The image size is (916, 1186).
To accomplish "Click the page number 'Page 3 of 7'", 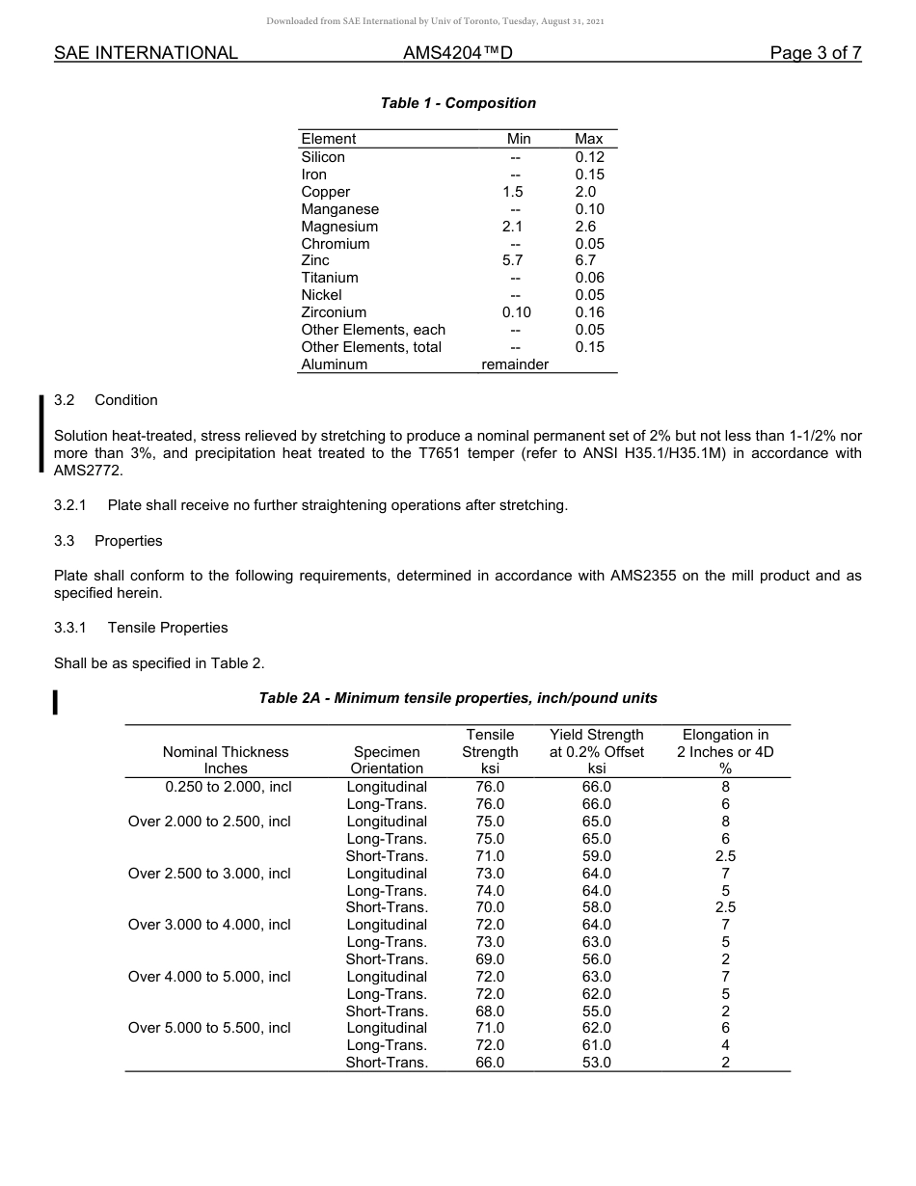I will pyautogui.click(x=815, y=53).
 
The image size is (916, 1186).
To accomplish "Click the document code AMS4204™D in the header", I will pyautogui.click(x=457, y=53).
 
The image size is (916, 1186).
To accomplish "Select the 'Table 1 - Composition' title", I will pyautogui.click(x=458, y=103).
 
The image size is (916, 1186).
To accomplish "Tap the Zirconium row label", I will pyautogui.click(x=334, y=312).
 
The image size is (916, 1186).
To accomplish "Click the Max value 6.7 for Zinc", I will pyautogui.click(x=585, y=260).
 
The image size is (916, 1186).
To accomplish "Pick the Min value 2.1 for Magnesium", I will pyautogui.click(x=513, y=227).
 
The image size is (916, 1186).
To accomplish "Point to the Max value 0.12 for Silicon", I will pyautogui.click(x=589, y=157).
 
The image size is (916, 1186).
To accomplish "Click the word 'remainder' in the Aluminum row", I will pyautogui.click(x=515, y=364).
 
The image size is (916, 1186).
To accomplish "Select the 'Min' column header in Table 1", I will pyautogui.click(x=519, y=139).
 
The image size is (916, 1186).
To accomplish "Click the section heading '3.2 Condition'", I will pyautogui.click(x=106, y=400).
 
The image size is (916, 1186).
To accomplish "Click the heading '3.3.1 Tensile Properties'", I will pyautogui.click(x=141, y=628).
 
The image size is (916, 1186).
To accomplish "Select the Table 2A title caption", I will pyautogui.click(x=458, y=697).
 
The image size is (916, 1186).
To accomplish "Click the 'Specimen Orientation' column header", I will pyautogui.click(x=387, y=760).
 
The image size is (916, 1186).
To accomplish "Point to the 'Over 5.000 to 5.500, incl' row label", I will pyautogui.click(x=209, y=1028).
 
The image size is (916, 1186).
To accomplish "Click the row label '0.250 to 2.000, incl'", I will pyautogui.click(x=229, y=787).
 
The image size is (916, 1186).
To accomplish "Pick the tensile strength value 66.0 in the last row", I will pyautogui.click(x=490, y=1063).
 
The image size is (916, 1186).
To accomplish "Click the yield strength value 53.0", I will pyautogui.click(x=596, y=1063).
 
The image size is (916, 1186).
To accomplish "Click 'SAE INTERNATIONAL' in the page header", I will pyautogui.click(x=146, y=53).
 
